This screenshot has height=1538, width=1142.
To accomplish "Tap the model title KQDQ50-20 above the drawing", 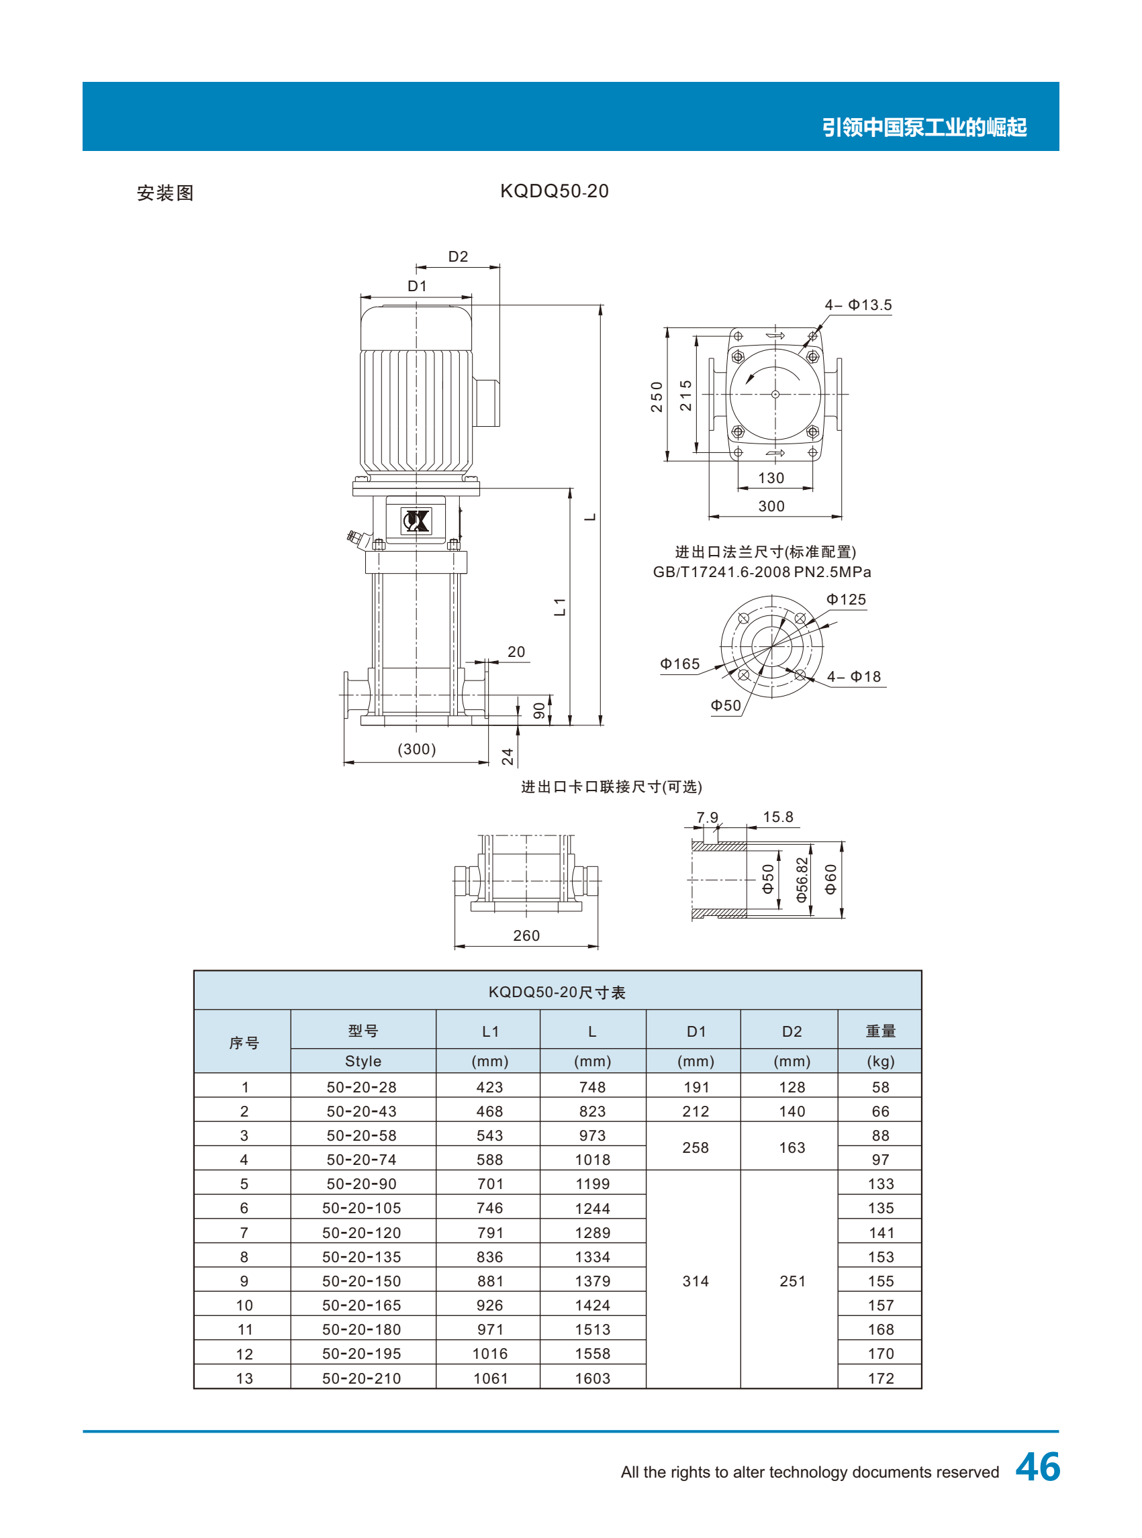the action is (x=555, y=191).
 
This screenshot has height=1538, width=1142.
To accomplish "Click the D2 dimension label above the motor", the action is (x=459, y=256).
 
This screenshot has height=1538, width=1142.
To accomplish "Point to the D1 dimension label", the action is (x=418, y=286).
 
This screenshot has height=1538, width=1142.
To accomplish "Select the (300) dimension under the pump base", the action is (x=417, y=749).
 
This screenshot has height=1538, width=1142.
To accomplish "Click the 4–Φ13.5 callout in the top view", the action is (x=858, y=305).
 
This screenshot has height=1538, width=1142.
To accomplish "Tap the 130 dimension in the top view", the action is (x=771, y=478).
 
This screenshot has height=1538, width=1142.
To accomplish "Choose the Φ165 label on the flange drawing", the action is (x=680, y=664).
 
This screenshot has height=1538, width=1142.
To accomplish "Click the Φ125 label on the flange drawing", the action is (x=846, y=600).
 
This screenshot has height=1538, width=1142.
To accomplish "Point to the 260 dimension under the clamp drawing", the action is (x=527, y=935).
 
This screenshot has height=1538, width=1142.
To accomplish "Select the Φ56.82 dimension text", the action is (x=802, y=880).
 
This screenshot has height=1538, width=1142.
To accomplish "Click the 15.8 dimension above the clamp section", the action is (x=777, y=817).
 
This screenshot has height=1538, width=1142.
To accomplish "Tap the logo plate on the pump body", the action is (x=416, y=520).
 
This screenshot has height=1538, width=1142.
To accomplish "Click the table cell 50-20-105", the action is (x=362, y=1208).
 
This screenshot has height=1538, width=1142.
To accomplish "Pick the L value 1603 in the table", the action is (x=593, y=1378).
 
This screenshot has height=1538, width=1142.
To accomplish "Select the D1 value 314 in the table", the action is (x=696, y=1281).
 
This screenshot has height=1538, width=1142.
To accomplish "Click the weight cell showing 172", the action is (x=882, y=1378).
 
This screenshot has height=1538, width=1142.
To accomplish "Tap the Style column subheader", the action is (x=363, y=1062).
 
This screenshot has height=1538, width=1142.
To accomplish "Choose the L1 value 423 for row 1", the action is (x=489, y=1087).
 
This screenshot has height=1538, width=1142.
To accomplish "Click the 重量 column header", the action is (x=881, y=1031).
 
